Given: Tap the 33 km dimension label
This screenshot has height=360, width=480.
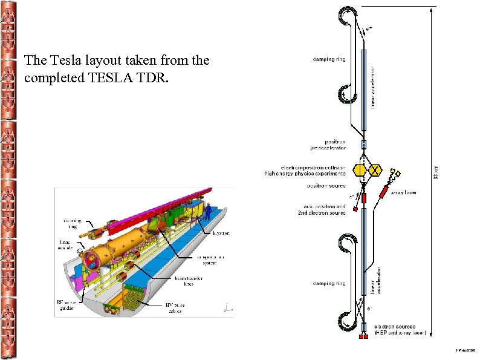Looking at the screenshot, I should [x=437, y=164].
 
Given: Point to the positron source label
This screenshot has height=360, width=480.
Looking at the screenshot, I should [x=326, y=186].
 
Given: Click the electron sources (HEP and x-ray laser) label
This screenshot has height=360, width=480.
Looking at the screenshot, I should [x=400, y=330].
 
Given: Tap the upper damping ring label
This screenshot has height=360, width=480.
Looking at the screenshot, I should [x=329, y=59].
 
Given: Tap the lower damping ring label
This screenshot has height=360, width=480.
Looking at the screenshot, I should [x=329, y=283].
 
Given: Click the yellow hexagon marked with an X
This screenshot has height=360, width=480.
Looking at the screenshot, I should [x=375, y=171].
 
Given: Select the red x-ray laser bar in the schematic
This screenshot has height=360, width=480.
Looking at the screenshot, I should [x=384, y=193].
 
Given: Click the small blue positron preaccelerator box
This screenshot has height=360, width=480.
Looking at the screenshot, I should [x=364, y=145].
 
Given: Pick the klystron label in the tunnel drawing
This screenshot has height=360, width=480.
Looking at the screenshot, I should [x=221, y=232].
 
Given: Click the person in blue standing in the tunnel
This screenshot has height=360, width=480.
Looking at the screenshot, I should [x=208, y=212].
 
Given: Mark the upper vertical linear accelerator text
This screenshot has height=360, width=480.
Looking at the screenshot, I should [x=373, y=87].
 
